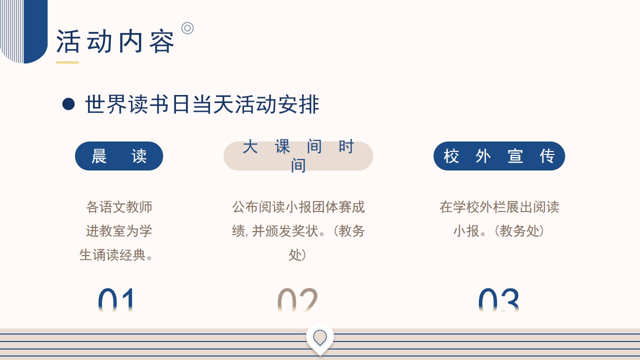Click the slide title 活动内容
[115, 41]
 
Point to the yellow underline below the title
[67, 62]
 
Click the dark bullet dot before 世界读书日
[68, 104]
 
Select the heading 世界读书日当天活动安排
[202, 104]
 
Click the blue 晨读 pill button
[119, 156]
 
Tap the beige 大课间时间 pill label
[298, 156]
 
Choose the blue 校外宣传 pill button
[499, 156]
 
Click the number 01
[115, 300]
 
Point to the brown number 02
[297, 300]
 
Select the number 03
[499, 300]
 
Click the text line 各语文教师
[119, 207]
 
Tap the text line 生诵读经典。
[116, 255]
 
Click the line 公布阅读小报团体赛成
[298, 207]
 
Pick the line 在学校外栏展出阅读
[499, 207]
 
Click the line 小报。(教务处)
[499, 231]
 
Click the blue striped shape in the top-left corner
[23, 31]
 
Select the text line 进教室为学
[119, 231]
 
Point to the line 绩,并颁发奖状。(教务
[298, 231]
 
